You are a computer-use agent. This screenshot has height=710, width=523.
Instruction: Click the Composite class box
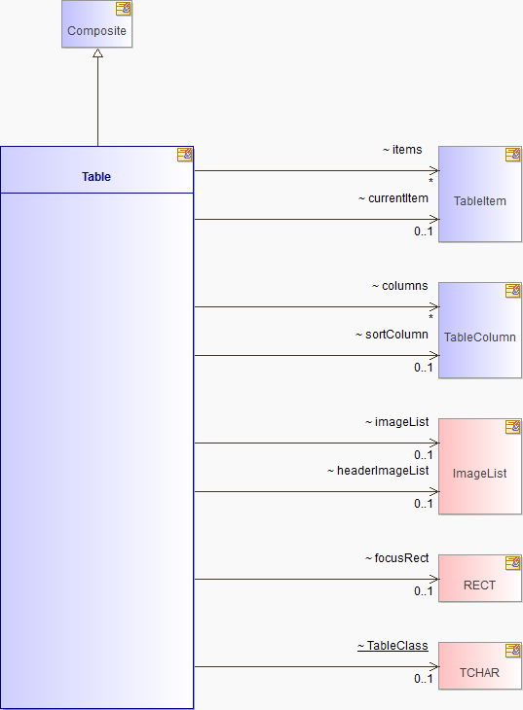pos(97,23)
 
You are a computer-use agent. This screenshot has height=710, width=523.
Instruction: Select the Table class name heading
pos(96,177)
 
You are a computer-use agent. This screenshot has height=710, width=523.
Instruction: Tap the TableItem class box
pos(480,195)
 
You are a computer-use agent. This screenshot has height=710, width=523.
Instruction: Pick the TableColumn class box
pos(480,331)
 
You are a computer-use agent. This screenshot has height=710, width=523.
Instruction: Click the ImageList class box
pos(480,467)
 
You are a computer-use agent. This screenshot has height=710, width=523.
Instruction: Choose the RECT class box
pos(480,579)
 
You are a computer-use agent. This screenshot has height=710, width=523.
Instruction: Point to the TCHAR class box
pos(480,665)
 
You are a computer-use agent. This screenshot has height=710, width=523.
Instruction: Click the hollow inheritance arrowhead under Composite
pos(97,53)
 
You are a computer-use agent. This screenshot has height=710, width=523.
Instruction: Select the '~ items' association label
pos(402,150)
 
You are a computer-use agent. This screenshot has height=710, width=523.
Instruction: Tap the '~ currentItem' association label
pos(393,198)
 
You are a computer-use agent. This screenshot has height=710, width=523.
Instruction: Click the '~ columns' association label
pos(399,286)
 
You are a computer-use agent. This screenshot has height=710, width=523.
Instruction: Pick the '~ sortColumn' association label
pos(392,335)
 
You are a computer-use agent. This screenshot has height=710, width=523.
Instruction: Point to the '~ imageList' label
pos(397,422)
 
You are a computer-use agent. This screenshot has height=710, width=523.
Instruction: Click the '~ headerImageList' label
pos(378,471)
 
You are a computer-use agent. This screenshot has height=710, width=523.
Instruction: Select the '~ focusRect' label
pos(397,558)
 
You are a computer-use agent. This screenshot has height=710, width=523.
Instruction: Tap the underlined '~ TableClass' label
pos(392,646)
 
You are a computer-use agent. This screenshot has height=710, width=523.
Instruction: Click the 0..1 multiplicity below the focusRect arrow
pos(424,591)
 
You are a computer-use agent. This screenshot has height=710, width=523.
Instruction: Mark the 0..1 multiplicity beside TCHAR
pos(424,678)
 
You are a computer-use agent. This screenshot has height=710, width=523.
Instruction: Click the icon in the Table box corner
pos(185,155)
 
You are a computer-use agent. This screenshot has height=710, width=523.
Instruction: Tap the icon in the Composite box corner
pos(124,9)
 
